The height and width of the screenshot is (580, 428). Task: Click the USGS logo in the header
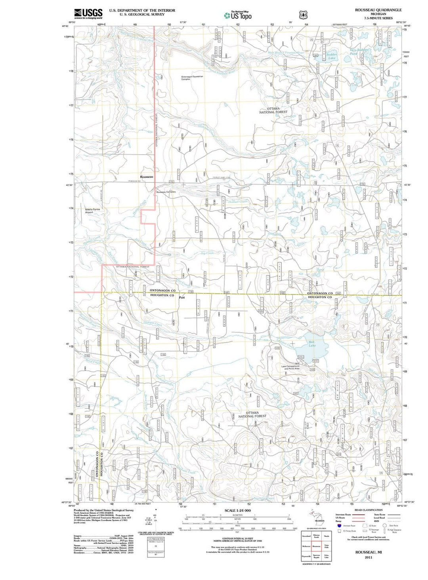[x=88, y=13]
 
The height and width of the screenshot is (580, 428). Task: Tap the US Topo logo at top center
[x=237, y=15]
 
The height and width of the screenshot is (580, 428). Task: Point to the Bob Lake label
[x=312, y=343]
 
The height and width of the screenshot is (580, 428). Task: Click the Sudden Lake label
[x=332, y=56]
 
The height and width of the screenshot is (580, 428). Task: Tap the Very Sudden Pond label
[x=359, y=52]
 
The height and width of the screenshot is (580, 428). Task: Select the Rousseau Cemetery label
[x=166, y=192]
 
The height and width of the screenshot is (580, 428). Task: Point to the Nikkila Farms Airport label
[x=92, y=211]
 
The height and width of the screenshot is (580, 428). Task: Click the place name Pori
[x=182, y=297]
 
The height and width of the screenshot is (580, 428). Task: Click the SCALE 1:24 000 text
[x=238, y=510]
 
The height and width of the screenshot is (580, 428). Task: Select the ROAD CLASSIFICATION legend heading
[x=369, y=510]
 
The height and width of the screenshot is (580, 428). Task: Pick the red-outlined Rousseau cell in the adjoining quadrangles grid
[x=316, y=547]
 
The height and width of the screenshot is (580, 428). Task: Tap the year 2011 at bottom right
[x=369, y=557]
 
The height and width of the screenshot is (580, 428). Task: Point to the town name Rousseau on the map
[x=147, y=177]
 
